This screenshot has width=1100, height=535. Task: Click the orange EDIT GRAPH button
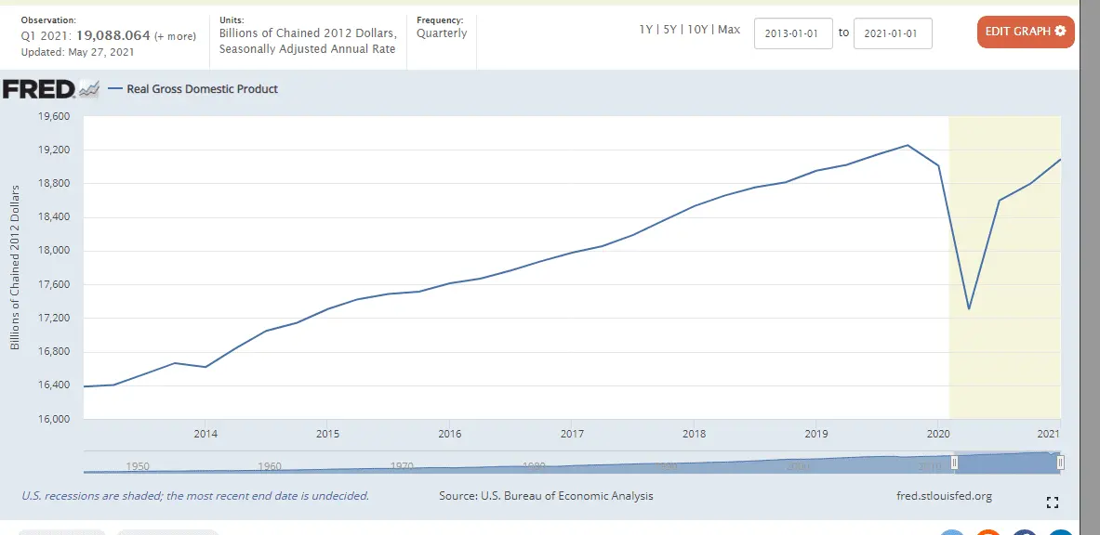(x=1026, y=32)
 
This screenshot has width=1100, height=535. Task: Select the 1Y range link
(x=645, y=30)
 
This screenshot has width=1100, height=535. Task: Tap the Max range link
(x=729, y=30)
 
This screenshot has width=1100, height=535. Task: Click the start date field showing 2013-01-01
(x=793, y=33)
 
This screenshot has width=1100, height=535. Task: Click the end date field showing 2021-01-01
(x=892, y=33)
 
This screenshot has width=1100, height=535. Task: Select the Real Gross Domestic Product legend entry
(x=202, y=89)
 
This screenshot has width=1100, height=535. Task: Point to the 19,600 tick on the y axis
(x=54, y=117)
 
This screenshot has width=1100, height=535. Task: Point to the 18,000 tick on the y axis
(x=54, y=251)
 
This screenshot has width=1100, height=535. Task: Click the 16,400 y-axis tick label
(x=54, y=385)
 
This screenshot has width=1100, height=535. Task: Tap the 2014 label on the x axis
(x=205, y=434)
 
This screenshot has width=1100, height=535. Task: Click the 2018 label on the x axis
(x=694, y=434)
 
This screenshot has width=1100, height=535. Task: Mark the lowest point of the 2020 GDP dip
(x=969, y=308)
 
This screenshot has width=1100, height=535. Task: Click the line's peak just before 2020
(x=908, y=145)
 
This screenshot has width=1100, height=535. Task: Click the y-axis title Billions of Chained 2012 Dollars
(x=16, y=267)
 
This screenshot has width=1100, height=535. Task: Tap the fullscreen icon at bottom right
(x=1053, y=502)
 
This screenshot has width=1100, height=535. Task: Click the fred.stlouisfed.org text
(x=941, y=496)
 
